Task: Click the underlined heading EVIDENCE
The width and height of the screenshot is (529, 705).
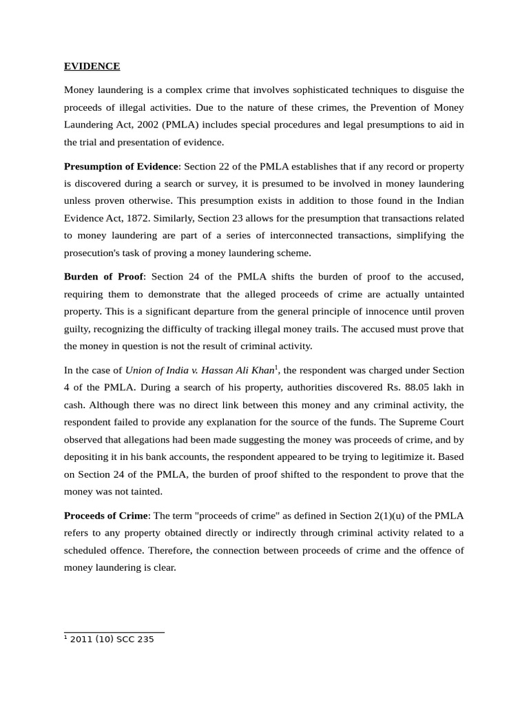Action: [92, 66]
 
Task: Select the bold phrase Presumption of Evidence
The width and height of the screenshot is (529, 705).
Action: [121, 167]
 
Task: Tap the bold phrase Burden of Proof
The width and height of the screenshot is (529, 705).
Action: [103, 276]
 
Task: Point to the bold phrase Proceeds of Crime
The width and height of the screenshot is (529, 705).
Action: [105, 516]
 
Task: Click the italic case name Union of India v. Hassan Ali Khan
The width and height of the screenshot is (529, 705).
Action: [200, 370]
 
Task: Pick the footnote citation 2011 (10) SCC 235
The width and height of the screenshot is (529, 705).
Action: [112, 640]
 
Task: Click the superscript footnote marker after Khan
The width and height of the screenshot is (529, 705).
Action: [276, 368]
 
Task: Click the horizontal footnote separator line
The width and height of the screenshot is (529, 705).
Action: [114, 631]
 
